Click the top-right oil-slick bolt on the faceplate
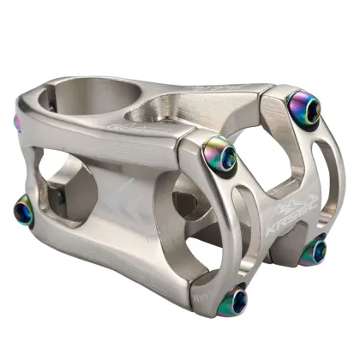tap(305, 107)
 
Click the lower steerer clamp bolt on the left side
tap(24, 208)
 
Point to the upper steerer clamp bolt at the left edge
tap(16, 123)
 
